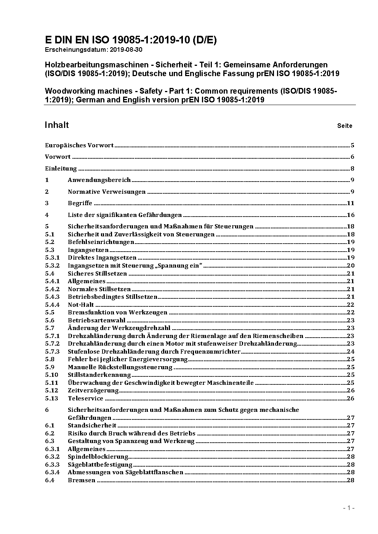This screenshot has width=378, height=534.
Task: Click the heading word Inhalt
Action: point(57,125)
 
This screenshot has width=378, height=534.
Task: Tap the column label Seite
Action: point(344,126)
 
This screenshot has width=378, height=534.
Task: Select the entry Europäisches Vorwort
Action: point(79,145)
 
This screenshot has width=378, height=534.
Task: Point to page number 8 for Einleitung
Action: point(352,169)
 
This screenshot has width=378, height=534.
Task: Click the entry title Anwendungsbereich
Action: point(99,180)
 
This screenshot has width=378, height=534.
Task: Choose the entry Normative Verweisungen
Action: point(107,192)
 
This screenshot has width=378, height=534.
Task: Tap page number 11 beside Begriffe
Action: point(351,203)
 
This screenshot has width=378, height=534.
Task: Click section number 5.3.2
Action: point(52,266)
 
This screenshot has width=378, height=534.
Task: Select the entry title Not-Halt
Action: point(80,305)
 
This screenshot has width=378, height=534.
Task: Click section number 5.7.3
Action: point(52,352)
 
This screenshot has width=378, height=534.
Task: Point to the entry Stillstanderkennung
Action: point(99,375)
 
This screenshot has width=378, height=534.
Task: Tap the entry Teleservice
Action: point(85,399)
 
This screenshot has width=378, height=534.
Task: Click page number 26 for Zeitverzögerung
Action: point(351,391)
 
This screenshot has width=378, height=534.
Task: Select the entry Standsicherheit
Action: point(92,426)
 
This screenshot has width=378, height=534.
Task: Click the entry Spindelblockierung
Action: point(98,457)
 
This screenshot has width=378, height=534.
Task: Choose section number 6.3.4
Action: point(52,472)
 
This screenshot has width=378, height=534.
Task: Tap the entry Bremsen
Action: point(81,480)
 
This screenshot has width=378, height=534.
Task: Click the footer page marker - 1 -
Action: point(349,508)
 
